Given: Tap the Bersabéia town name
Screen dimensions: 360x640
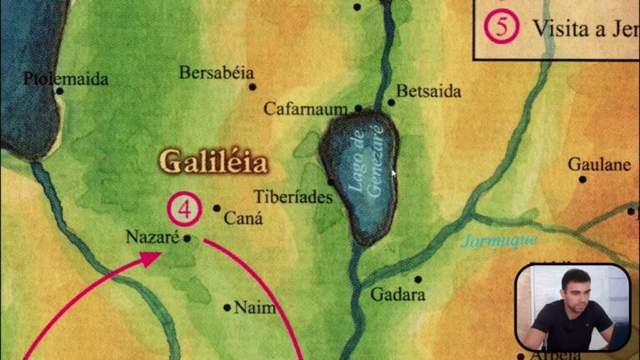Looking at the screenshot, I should pyautogui.click(x=216, y=72).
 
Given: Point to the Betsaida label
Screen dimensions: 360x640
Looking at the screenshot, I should pyautogui.click(x=428, y=91).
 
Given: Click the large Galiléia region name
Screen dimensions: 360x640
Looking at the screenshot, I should pyautogui.click(x=212, y=161).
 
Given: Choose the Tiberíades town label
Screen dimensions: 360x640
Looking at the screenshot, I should pyautogui.click(x=295, y=197).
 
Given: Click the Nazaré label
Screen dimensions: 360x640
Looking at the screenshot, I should pyautogui.click(x=152, y=237).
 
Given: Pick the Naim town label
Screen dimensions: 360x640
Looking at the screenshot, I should pyautogui.click(x=254, y=307).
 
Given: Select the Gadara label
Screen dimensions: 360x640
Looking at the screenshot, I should pyautogui.click(x=397, y=295).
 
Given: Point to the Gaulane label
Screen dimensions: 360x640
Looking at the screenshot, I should pyautogui.click(x=598, y=164).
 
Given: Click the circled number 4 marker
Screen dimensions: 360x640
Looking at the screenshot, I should pyautogui.click(x=184, y=208).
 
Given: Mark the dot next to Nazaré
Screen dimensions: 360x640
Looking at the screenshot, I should pyautogui.click(x=187, y=237).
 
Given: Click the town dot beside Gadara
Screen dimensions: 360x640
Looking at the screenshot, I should pyautogui.click(x=418, y=279).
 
